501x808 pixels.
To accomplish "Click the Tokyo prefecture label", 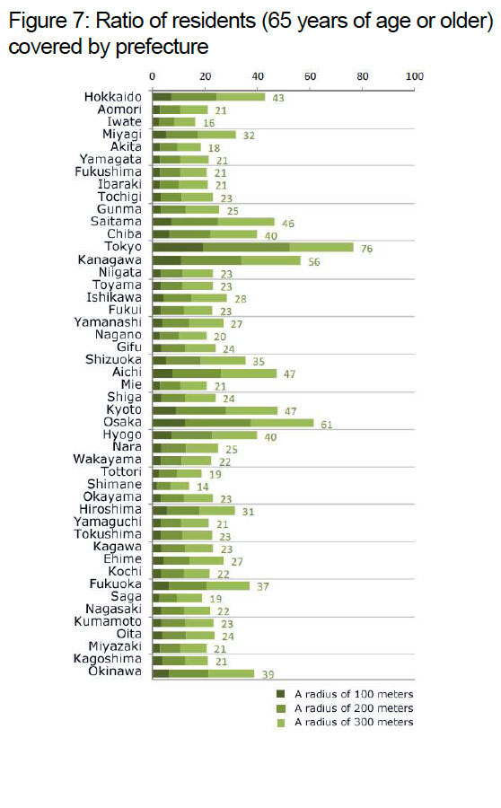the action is click(x=123, y=247).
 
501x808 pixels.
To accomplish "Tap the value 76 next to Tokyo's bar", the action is click(x=366, y=249).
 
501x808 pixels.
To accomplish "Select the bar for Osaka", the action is click(x=233, y=423).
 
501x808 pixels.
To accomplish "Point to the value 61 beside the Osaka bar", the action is click(x=326, y=425).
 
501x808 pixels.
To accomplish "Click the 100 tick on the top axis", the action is click(x=415, y=76).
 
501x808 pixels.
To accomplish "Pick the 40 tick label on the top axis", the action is click(x=258, y=76).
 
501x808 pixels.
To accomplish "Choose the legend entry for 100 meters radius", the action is click(x=345, y=694).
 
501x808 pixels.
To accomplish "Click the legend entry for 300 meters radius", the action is click(x=345, y=723).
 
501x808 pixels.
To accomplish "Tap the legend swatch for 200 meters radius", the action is click(x=281, y=708).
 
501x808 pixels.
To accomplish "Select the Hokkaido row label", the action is click(x=113, y=97).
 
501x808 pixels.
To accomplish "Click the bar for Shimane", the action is click(x=171, y=486).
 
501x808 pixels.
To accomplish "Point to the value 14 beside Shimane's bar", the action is click(x=203, y=487).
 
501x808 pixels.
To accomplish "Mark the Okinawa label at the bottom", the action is click(x=114, y=671).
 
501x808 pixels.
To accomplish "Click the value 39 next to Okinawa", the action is click(x=268, y=674).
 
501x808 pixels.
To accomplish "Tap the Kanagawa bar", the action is click(x=226, y=260).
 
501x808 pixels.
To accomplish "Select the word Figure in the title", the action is click(x=38, y=22).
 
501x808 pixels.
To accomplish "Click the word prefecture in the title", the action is click(x=162, y=47).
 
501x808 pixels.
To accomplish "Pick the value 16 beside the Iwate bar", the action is click(x=208, y=123).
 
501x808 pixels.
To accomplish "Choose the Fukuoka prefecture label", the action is click(x=116, y=584).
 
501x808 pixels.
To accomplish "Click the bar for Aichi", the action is click(x=215, y=373).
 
